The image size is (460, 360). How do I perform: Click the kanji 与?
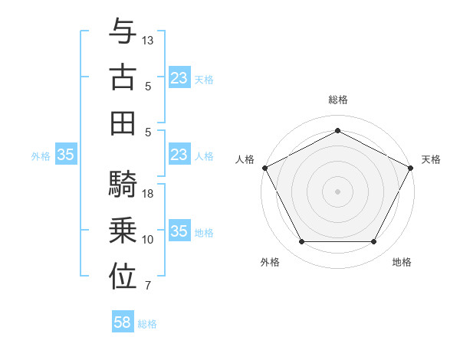point(123,32)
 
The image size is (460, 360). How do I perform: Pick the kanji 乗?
point(123,231)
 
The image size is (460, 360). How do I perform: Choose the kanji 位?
point(123,277)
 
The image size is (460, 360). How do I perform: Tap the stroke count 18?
point(148,194)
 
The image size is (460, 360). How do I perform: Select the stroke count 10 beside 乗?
point(148,240)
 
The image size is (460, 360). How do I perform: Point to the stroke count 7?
point(148,286)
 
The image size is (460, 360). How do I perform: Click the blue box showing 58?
point(123,323)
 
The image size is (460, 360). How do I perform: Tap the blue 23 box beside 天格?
point(179,78)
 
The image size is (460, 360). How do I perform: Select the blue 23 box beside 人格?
point(179,155)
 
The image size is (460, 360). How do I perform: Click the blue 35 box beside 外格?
point(66,155)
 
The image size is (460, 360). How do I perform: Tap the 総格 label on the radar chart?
point(337,100)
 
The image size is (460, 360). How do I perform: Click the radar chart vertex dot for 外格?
point(301,242)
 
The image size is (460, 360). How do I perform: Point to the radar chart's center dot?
point(337,191)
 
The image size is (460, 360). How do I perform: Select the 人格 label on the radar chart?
point(245,159)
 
